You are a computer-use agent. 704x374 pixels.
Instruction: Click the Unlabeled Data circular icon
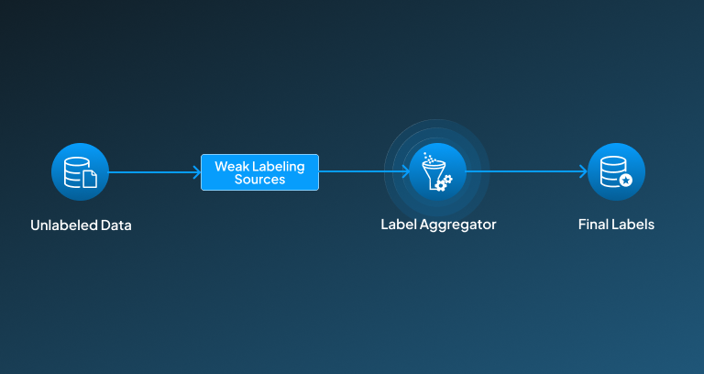[81, 171]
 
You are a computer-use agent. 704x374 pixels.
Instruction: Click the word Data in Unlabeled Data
[115, 225]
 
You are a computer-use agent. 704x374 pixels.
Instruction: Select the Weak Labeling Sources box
[259, 172]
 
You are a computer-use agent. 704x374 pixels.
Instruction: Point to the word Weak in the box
[231, 166]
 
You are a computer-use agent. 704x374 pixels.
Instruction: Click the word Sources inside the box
[259, 180]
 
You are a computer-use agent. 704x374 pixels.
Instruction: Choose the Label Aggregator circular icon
[437, 171]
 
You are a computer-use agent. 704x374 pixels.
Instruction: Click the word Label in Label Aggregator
[398, 225]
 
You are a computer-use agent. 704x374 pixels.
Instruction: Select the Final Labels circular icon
[616, 171]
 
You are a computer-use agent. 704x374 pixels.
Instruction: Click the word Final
[593, 225]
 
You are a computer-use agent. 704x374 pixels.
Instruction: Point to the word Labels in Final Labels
[633, 225]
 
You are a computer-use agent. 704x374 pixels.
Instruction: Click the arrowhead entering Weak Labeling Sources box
[197, 171]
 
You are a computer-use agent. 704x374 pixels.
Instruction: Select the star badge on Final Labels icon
[625, 181]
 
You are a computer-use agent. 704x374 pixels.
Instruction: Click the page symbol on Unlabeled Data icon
[90, 180]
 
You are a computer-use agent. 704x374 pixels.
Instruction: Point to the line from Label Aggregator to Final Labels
[522, 171]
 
